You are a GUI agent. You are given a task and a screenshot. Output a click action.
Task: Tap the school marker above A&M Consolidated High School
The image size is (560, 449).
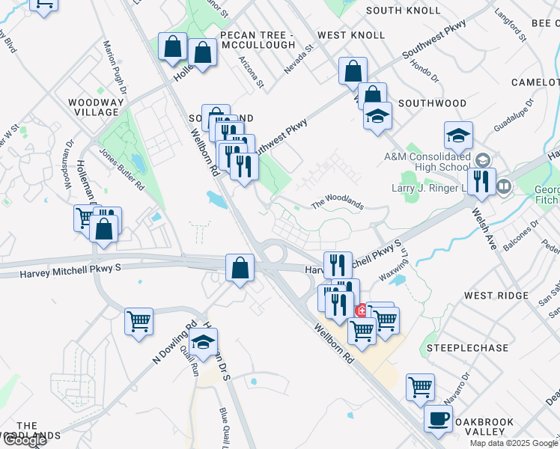[458, 135]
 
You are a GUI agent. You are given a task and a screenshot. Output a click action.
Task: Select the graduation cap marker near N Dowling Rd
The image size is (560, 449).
[203, 343]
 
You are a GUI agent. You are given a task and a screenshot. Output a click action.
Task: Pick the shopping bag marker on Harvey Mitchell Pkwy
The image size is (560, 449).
[240, 268]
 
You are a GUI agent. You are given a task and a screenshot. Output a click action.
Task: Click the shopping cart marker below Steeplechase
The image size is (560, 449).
[421, 388]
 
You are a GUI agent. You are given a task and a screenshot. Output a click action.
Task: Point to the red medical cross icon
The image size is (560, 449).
[361, 309]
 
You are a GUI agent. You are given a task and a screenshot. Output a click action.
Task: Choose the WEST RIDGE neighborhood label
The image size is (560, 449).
[496, 296]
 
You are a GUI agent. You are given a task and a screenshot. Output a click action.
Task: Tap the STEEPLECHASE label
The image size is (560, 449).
[457, 348]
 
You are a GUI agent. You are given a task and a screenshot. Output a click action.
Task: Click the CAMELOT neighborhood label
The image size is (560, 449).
[535, 82]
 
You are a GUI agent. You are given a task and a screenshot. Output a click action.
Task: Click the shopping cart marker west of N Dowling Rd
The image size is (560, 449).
[139, 322]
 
